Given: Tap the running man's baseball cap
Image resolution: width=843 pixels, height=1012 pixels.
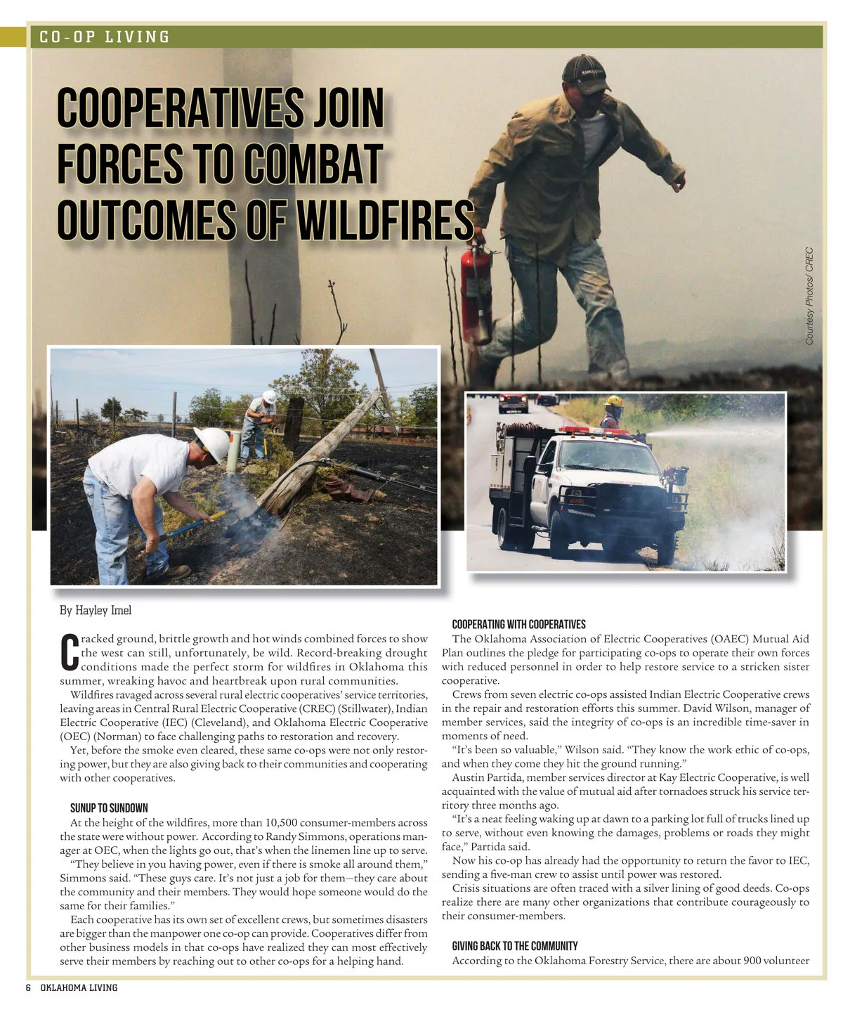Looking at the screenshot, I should pos(585,72).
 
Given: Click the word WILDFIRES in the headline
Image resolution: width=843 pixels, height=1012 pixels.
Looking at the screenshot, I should pos(384,220).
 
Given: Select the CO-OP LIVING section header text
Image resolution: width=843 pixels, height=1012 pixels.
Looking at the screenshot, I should pos(105,37).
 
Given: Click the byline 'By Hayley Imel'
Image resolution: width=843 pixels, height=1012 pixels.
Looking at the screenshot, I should pos(96,610).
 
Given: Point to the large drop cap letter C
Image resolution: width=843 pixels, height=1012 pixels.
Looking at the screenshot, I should pos(69,653).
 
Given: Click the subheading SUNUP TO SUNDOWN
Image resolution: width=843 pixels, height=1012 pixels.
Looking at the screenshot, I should pos(109,808).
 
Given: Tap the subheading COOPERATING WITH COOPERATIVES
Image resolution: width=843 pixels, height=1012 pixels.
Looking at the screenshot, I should pos(518,624).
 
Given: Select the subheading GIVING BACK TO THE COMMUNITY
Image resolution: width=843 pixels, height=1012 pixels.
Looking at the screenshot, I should pos(514,946).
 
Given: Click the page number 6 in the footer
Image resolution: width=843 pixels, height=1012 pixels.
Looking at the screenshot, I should pos(29,987).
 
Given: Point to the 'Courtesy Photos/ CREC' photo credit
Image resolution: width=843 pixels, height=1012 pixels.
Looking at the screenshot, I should pos(809,295).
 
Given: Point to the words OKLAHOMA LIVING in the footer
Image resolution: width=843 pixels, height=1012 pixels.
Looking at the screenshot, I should pos(79,987).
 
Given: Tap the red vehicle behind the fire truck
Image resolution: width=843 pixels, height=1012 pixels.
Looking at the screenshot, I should pos(513,403).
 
